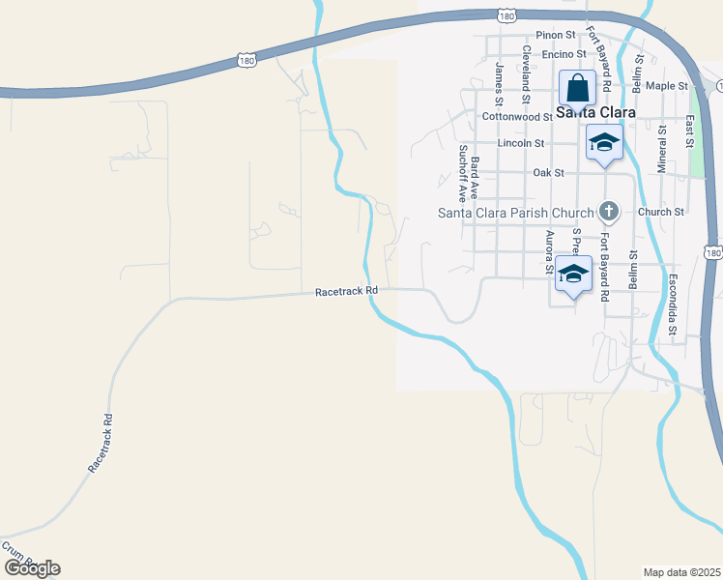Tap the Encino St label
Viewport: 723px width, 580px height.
click(x=558, y=54)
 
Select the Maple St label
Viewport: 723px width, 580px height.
click(x=666, y=86)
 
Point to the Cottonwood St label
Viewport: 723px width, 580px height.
click(x=515, y=116)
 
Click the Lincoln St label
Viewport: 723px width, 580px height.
click(x=521, y=143)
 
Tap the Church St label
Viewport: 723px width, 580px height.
click(x=661, y=212)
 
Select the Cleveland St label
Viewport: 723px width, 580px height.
click(x=527, y=74)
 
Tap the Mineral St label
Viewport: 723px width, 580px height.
click(x=662, y=145)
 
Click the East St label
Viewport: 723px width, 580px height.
click(x=689, y=132)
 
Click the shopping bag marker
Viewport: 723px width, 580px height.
click(x=577, y=89)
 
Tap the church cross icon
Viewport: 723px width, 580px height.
click(x=609, y=210)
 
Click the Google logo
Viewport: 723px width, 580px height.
click(x=32, y=568)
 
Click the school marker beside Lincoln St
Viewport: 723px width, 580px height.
click(x=604, y=143)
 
